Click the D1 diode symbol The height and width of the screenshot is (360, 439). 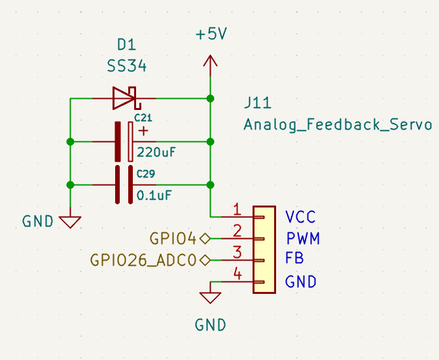124,98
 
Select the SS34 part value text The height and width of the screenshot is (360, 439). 127,67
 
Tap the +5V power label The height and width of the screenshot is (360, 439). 211,35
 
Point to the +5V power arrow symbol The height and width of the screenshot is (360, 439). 210,62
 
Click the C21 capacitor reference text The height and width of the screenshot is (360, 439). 143,118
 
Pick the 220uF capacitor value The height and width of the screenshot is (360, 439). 156,153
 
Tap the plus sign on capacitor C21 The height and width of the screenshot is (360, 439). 143,131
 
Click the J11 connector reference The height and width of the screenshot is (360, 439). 257,103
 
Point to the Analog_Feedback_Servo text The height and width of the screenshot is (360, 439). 338,124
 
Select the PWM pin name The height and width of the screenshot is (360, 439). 303,238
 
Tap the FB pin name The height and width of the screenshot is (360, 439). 294,259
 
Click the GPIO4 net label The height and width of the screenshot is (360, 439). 173,238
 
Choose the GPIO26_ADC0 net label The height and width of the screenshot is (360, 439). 143,260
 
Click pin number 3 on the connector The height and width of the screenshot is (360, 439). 237,251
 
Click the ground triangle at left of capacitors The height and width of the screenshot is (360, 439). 69,221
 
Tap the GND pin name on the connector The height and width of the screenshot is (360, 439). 301,282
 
